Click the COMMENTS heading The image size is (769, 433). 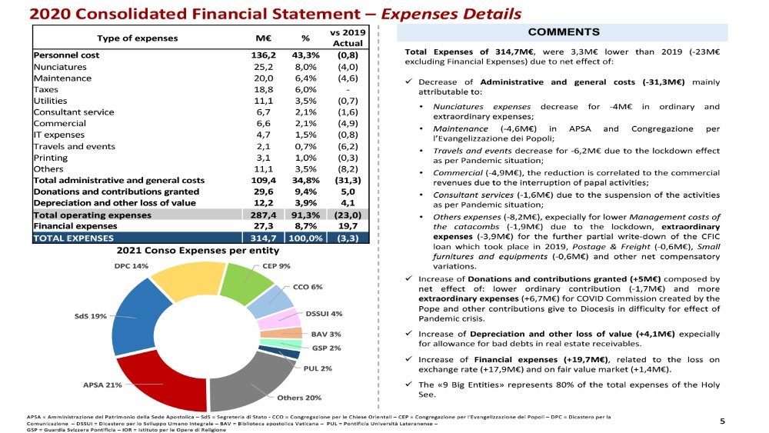point(564,32)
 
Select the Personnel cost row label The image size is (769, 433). point(66,55)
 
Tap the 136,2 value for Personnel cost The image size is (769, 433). point(265,55)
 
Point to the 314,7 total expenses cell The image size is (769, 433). point(265,238)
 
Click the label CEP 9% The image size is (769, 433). point(276,266)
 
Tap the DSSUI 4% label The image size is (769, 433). point(324,314)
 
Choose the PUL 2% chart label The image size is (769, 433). point(318,368)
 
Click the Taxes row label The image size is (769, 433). point(46,89)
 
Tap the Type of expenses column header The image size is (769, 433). point(137,38)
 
